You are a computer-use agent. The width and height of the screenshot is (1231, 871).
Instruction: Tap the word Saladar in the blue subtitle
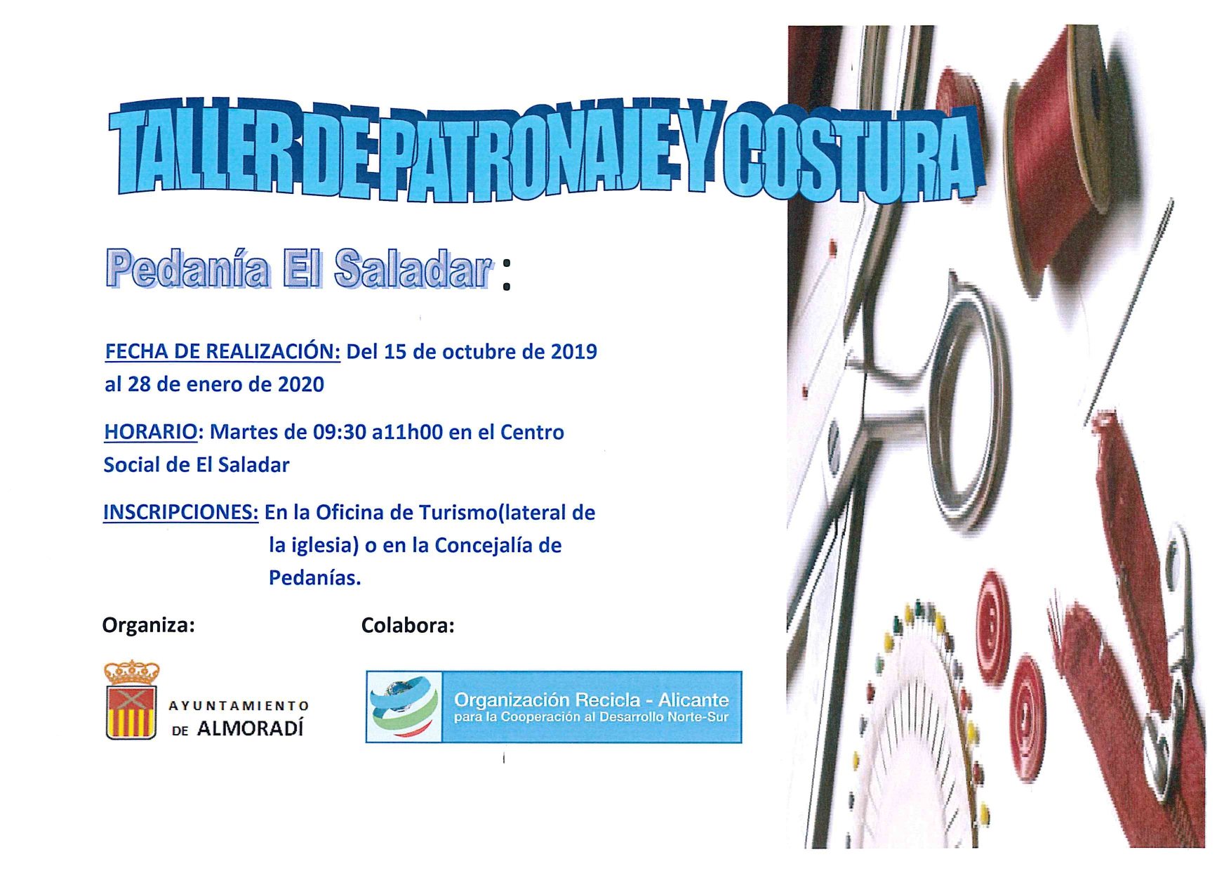tap(413, 269)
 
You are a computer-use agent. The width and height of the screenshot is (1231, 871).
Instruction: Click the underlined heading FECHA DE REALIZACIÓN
tap(222, 351)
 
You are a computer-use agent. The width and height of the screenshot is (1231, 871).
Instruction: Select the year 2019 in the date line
tap(573, 351)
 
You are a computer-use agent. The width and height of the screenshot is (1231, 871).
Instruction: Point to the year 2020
tap(300, 384)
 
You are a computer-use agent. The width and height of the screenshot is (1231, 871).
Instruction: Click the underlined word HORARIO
tap(151, 431)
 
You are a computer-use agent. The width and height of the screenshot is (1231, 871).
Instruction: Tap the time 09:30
tap(340, 432)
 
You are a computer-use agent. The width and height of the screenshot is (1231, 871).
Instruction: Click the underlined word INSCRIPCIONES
tap(180, 512)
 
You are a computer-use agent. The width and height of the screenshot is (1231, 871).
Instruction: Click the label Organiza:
tap(148, 625)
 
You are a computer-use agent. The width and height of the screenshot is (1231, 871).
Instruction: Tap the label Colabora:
tap(408, 625)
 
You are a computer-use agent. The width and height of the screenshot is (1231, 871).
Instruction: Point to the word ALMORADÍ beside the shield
tap(251, 729)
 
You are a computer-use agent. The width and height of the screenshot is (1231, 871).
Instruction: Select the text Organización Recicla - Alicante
tap(592, 700)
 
